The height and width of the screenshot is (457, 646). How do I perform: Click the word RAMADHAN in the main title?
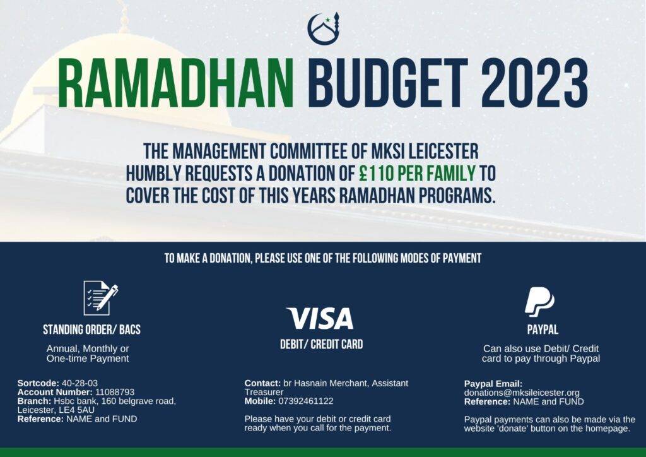(176, 83)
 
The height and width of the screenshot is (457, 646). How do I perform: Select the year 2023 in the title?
(534, 83)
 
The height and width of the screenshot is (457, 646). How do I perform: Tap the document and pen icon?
(100, 298)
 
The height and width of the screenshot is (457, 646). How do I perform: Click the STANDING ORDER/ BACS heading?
(92, 329)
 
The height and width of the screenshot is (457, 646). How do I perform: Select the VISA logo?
(320, 318)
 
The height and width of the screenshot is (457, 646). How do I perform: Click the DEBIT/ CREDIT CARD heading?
(321, 344)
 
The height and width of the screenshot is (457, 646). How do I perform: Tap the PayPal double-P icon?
(540, 302)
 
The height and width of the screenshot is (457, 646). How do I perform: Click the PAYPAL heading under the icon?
(543, 329)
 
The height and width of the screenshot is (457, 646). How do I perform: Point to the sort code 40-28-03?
(79, 383)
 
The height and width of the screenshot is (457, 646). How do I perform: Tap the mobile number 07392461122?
(306, 401)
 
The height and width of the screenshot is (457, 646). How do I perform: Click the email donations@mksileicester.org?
(522, 393)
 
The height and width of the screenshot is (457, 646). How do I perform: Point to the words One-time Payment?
(88, 359)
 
